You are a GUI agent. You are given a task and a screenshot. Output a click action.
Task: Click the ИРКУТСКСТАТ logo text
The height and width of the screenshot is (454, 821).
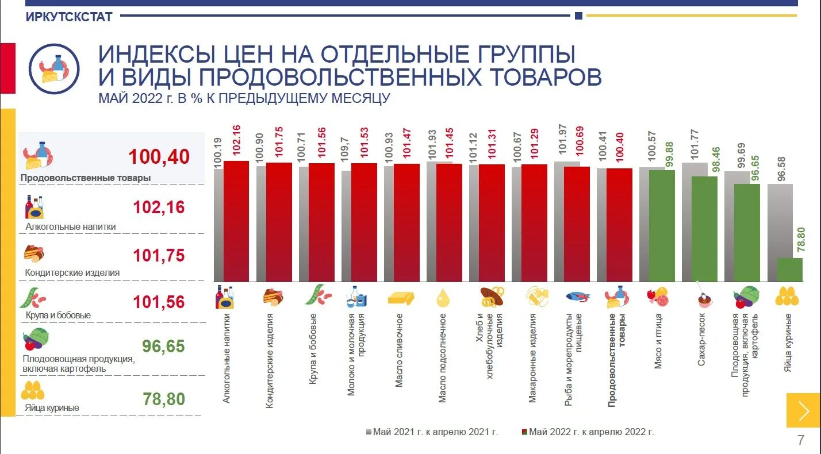pyautogui.click(x=68, y=17)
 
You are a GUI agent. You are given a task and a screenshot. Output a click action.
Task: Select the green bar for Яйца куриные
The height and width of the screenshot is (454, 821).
pyautogui.click(x=789, y=270)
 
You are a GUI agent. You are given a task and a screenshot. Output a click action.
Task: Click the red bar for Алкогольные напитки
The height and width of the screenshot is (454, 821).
pyautogui.click(x=236, y=221)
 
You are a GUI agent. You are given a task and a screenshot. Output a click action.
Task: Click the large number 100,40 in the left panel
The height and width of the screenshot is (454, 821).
pyautogui.click(x=159, y=156)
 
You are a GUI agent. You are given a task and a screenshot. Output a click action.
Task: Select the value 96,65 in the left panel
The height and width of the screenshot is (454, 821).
pyautogui.click(x=163, y=346)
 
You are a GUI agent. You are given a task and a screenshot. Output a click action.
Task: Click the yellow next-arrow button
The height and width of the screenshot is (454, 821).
pyautogui.click(x=803, y=410)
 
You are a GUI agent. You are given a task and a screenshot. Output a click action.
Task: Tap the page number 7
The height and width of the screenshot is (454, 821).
pyautogui.click(x=801, y=440)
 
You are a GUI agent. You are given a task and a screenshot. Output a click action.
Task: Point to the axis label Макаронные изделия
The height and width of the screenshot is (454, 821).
pyautogui.click(x=532, y=357)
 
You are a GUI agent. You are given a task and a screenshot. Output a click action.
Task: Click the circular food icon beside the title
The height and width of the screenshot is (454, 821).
pyautogui.click(x=53, y=68)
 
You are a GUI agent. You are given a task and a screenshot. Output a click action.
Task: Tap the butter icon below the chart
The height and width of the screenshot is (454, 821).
pyautogui.click(x=401, y=297)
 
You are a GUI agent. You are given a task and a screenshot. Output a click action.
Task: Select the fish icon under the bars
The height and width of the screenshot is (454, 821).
pyautogui.click(x=577, y=297)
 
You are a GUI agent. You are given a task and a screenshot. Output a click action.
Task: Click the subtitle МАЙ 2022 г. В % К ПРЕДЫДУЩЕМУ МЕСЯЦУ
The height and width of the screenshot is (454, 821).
pyautogui.click(x=244, y=98)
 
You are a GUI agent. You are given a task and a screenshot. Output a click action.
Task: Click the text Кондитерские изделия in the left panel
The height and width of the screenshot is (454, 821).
pyautogui.click(x=72, y=272)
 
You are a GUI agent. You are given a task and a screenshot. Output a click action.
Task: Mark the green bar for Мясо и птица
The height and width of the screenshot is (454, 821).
pyautogui.click(x=662, y=225)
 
